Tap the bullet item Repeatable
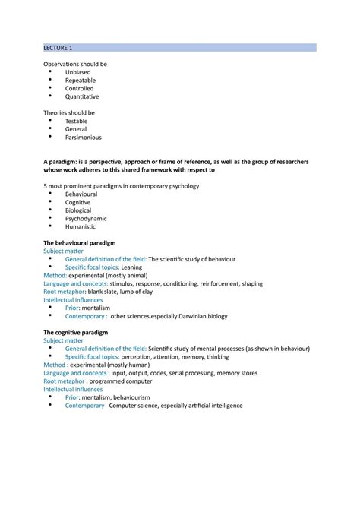[x=81, y=80]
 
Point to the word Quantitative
[x=82, y=96]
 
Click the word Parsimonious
[x=84, y=138]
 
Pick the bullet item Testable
[x=77, y=121]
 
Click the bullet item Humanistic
[x=81, y=226]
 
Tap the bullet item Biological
[x=79, y=210]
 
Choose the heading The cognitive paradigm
[x=76, y=332]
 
